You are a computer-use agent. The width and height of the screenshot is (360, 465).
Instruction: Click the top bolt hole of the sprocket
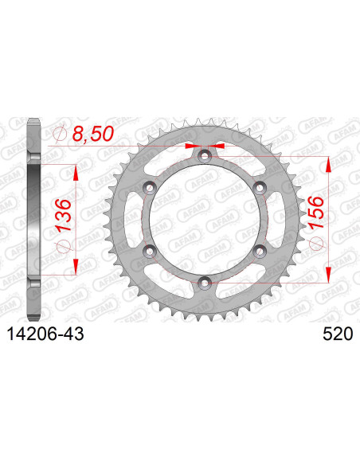tap(205, 156)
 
